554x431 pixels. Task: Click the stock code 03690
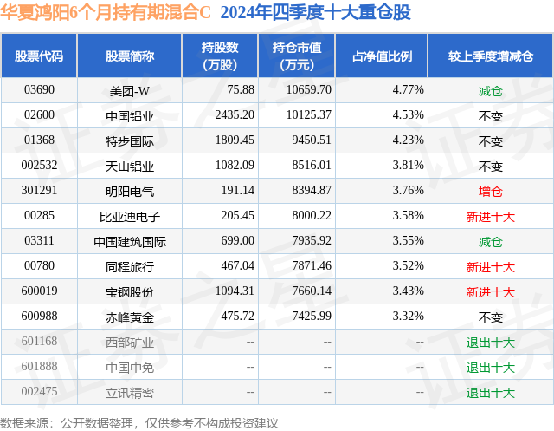click(x=39, y=89)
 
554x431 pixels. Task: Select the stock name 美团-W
click(x=130, y=89)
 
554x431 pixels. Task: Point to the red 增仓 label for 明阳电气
click(x=490, y=191)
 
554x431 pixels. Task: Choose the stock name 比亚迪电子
click(x=130, y=216)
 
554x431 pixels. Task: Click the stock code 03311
click(x=39, y=241)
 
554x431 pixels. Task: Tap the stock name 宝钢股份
click(x=130, y=291)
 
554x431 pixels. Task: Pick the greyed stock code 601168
click(x=40, y=342)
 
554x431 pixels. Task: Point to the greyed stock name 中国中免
click(x=130, y=367)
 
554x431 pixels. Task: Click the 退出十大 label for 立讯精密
click(x=490, y=392)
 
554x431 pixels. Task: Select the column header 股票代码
click(x=39, y=56)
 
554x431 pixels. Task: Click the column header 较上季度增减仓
click(x=490, y=56)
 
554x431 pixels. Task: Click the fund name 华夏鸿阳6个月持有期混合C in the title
click(x=106, y=12)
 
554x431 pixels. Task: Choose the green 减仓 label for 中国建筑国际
click(x=490, y=241)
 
